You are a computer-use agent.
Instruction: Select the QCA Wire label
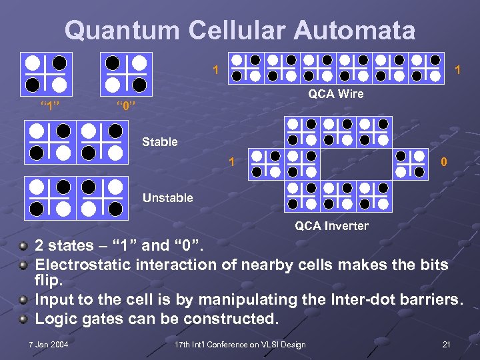336,94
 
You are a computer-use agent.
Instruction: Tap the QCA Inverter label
331,226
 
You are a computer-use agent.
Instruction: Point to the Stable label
160,142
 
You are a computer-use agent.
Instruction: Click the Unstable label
167,198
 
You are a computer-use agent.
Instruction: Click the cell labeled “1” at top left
46,73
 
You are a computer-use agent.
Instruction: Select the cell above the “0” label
126,73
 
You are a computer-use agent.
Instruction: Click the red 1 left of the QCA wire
215,70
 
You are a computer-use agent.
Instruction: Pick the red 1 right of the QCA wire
457,70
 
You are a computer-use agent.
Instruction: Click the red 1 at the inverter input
231,162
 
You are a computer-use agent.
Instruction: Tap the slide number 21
447,344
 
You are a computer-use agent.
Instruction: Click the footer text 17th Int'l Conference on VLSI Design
240,344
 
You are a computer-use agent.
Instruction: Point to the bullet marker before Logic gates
24,319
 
